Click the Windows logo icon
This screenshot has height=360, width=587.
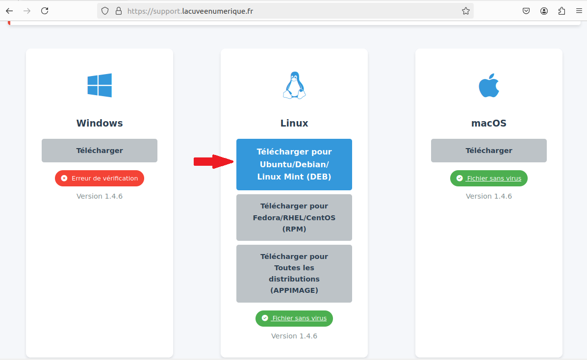pyautogui.click(x=100, y=85)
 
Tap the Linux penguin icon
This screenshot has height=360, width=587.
pyautogui.click(x=294, y=85)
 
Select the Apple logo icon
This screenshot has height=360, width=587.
pyautogui.click(x=489, y=85)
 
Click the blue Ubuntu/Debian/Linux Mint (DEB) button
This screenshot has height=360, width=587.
pyautogui.click(x=294, y=164)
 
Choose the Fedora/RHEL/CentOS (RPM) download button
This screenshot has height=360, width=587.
pyautogui.click(x=294, y=217)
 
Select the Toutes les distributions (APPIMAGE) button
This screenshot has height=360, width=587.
pyautogui.click(x=294, y=274)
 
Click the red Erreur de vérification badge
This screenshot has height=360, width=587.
pyautogui.click(x=100, y=179)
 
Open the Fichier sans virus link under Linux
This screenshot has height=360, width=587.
pyautogui.click(x=300, y=318)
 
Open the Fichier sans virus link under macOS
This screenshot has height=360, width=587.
pyautogui.click(x=494, y=179)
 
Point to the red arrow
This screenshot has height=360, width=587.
pyautogui.click(x=213, y=161)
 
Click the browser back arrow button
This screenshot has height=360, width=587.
pyautogui.click(x=9, y=11)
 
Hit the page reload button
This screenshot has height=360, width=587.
pyautogui.click(x=45, y=11)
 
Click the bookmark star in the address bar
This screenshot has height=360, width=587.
pyautogui.click(x=466, y=11)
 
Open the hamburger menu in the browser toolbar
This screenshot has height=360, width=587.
pyautogui.click(x=579, y=11)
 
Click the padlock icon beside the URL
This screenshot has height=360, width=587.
pyautogui.click(x=119, y=11)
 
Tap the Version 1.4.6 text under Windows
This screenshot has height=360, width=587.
pyautogui.click(x=100, y=196)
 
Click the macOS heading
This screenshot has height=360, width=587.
pyautogui.click(x=489, y=123)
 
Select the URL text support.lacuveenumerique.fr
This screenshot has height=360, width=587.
pyautogui.click(x=190, y=11)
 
